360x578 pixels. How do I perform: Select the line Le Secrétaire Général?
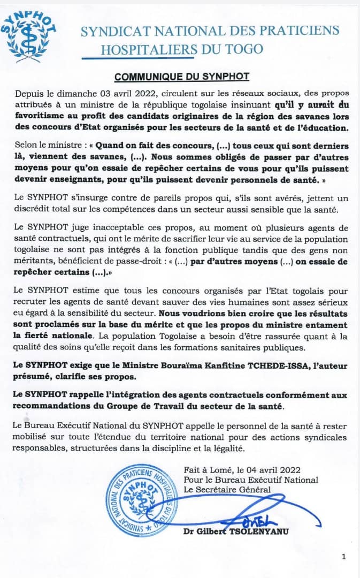(x=227, y=489)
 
